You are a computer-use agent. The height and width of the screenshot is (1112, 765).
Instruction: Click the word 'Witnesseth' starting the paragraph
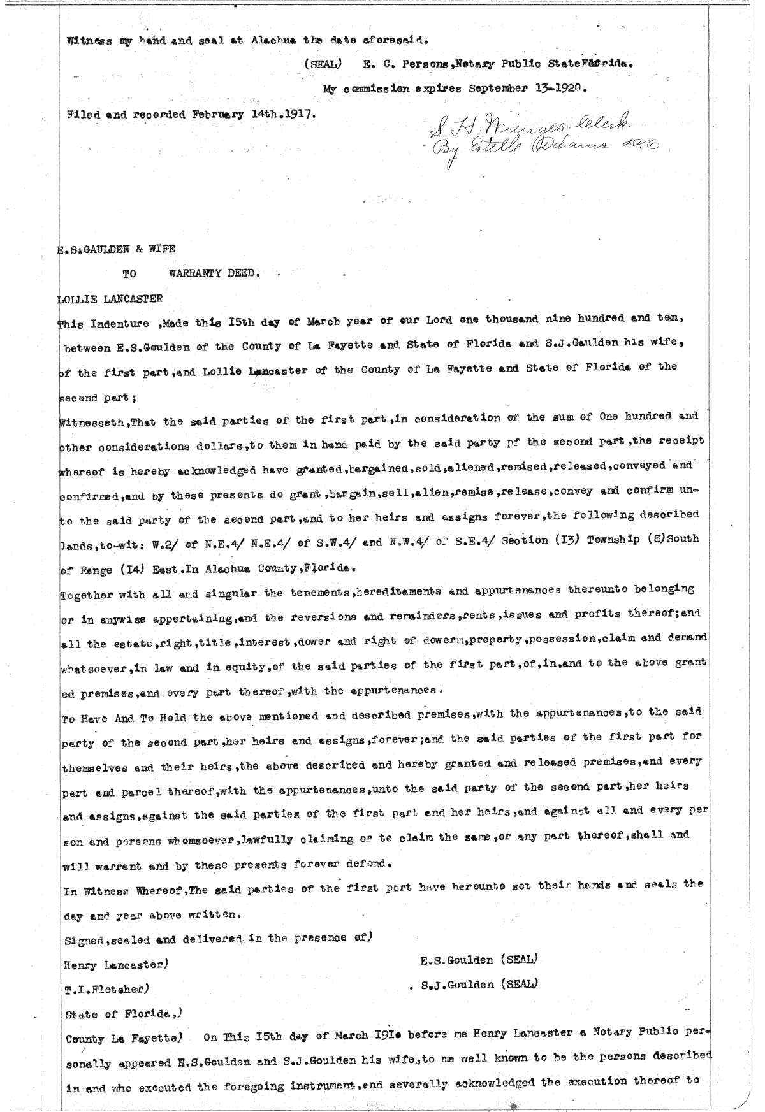[86, 422]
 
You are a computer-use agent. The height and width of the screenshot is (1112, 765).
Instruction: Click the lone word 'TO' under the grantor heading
[129, 275]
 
